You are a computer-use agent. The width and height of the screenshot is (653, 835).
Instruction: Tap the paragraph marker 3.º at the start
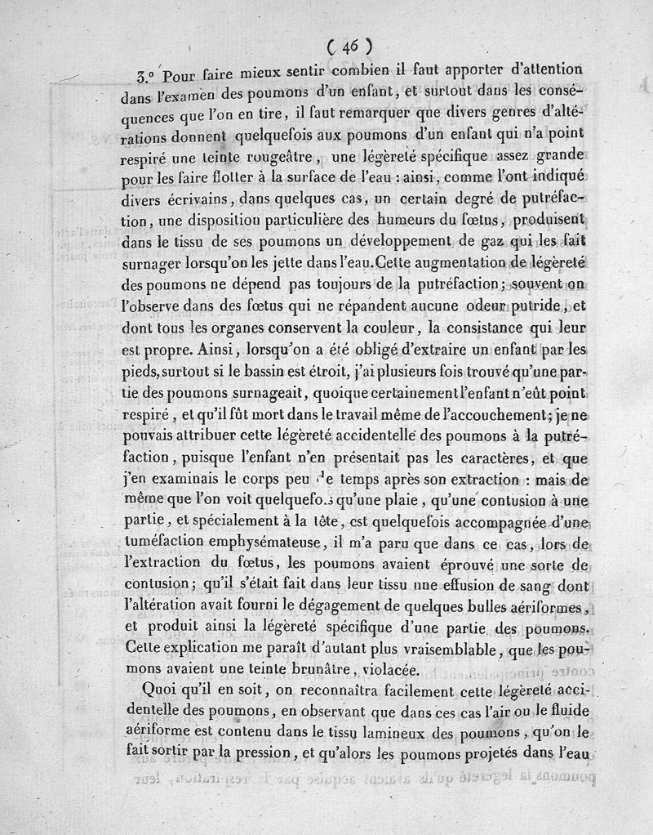tap(148, 77)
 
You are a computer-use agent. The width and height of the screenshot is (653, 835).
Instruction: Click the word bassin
tap(269, 370)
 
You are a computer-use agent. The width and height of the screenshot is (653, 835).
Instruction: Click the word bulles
tap(449, 607)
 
